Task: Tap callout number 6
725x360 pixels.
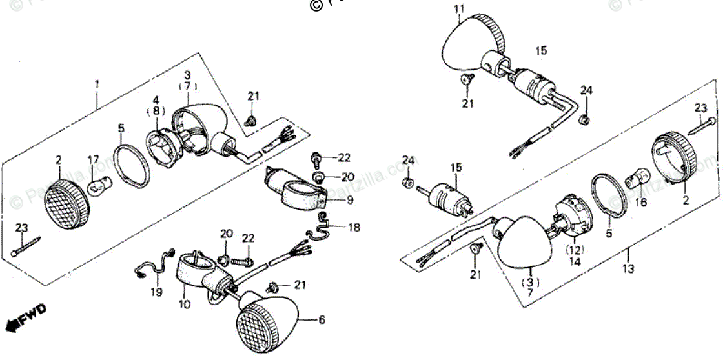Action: pyautogui.click(x=322, y=319)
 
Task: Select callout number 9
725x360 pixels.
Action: pyautogui.click(x=349, y=201)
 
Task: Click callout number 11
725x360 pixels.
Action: pyautogui.click(x=459, y=8)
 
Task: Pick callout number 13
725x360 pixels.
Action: pyautogui.click(x=629, y=268)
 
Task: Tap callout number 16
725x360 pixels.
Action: pyautogui.click(x=640, y=202)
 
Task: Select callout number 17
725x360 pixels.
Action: pyautogui.click(x=94, y=159)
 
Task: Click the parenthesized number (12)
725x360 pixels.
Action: pyautogui.click(x=574, y=249)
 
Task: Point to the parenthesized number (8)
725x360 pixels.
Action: pyautogui.click(x=156, y=111)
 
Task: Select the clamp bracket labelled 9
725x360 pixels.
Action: pyautogui.click(x=296, y=190)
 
